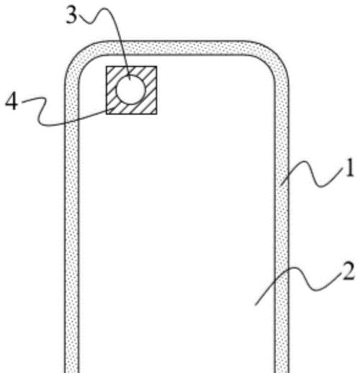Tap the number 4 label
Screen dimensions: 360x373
tap(12, 102)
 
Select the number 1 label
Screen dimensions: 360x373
tap(349, 168)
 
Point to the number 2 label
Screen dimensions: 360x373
tap(348, 271)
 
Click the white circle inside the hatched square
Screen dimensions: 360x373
tap(131, 89)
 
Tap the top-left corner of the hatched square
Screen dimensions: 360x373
tap(107, 66)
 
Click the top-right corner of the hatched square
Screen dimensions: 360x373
tap(157, 66)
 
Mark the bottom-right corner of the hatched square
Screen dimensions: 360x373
tap(157, 114)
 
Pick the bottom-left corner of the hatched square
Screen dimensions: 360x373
tap(107, 114)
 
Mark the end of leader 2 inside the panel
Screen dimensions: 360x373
tap(256, 305)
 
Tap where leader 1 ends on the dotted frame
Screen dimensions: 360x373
tap(281, 185)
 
